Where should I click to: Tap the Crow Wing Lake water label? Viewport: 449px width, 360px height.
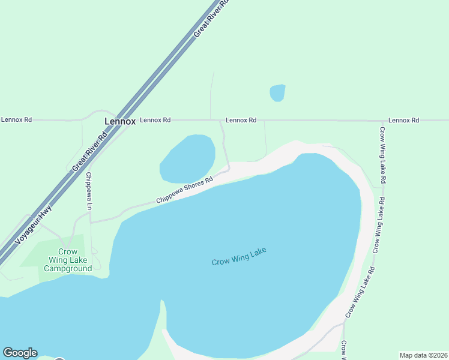[x=238, y=257]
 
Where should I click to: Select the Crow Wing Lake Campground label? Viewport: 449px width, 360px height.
[x=68, y=260]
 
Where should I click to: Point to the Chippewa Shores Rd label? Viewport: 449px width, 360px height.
[x=184, y=190]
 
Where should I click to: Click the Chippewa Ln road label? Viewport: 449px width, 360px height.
[x=89, y=191]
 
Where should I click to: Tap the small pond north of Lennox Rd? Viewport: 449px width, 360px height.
[x=277, y=93]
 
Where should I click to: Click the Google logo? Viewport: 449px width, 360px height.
[x=20, y=353]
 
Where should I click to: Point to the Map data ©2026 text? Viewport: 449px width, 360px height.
[x=423, y=355]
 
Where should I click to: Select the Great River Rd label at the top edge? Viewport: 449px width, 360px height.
[x=211, y=20]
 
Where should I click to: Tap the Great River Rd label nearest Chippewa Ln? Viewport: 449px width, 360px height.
[x=89, y=151]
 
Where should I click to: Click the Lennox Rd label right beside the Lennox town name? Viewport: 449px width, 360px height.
[x=155, y=120]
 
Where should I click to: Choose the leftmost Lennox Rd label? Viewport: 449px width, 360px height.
[x=16, y=119]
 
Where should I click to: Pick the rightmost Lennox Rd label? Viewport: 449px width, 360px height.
[x=403, y=120]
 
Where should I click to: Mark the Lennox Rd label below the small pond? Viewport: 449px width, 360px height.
[x=241, y=120]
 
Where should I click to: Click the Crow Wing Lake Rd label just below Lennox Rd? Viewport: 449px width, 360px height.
[x=382, y=155]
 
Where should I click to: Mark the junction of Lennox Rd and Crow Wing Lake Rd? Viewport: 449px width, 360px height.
[x=381, y=120]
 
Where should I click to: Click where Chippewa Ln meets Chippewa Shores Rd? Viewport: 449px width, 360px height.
[x=91, y=222]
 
